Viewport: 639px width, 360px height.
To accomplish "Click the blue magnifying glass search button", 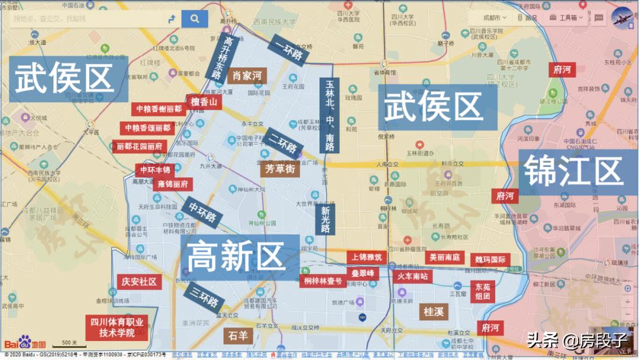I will (195, 19).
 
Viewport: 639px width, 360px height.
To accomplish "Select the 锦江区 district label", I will (573, 170).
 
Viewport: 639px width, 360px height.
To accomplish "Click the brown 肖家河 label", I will (247, 76).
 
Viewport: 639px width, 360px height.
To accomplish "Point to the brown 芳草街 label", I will (278, 169).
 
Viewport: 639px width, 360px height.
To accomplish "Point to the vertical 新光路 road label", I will (325, 220).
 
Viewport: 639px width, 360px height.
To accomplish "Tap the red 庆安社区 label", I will (140, 282).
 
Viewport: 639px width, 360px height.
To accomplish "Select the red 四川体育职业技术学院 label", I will (117, 327).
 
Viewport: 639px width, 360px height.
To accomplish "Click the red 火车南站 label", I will (412, 276).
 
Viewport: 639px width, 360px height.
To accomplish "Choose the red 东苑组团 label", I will (482, 291).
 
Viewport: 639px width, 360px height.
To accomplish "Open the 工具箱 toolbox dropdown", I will (566, 18).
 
